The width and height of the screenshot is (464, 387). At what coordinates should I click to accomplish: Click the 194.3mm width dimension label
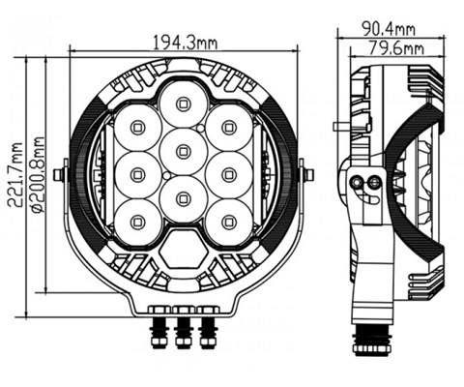click(x=185, y=41)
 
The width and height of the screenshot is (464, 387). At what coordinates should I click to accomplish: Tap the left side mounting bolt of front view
click(x=60, y=175)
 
